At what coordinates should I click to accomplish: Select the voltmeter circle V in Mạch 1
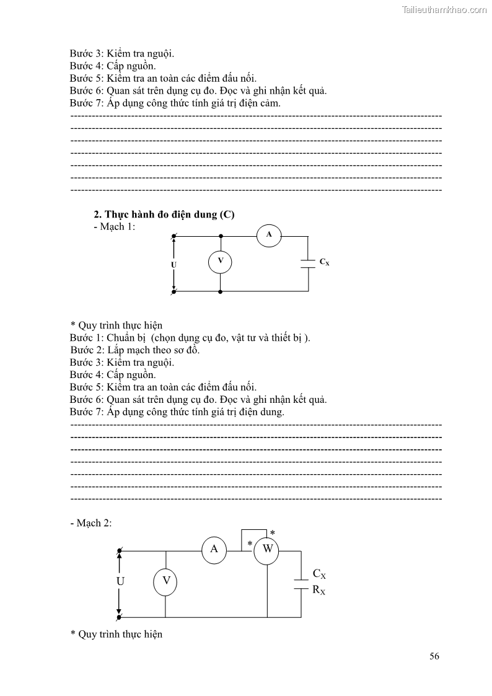point(221,262)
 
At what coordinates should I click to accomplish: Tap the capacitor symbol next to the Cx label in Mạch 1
point(308,263)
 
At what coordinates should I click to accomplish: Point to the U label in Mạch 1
point(174,265)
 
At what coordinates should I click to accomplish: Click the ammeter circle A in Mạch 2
point(214,549)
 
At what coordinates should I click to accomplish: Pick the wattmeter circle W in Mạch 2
point(268,549)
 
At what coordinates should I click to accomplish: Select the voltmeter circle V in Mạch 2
point(165,581)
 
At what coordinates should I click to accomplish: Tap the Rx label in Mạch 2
point(318,591)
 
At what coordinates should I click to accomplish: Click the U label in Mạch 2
point(120,581)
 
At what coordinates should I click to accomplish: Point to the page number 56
point(434,656)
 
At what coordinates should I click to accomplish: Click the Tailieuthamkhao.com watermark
point(444,9)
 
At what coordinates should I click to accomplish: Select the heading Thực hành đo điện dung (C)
point(164,214)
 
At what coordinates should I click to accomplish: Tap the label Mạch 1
point(114,226)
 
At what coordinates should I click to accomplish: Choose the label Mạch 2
point(91,523)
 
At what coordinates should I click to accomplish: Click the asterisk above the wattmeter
point(272,533)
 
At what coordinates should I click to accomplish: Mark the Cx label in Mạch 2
point(319,575)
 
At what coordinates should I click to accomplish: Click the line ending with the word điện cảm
point(175,103)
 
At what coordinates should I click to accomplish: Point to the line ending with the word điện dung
point(177,412)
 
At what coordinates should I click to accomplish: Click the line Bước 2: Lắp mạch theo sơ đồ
point(135,350)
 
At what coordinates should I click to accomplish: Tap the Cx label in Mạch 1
point(324,262)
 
